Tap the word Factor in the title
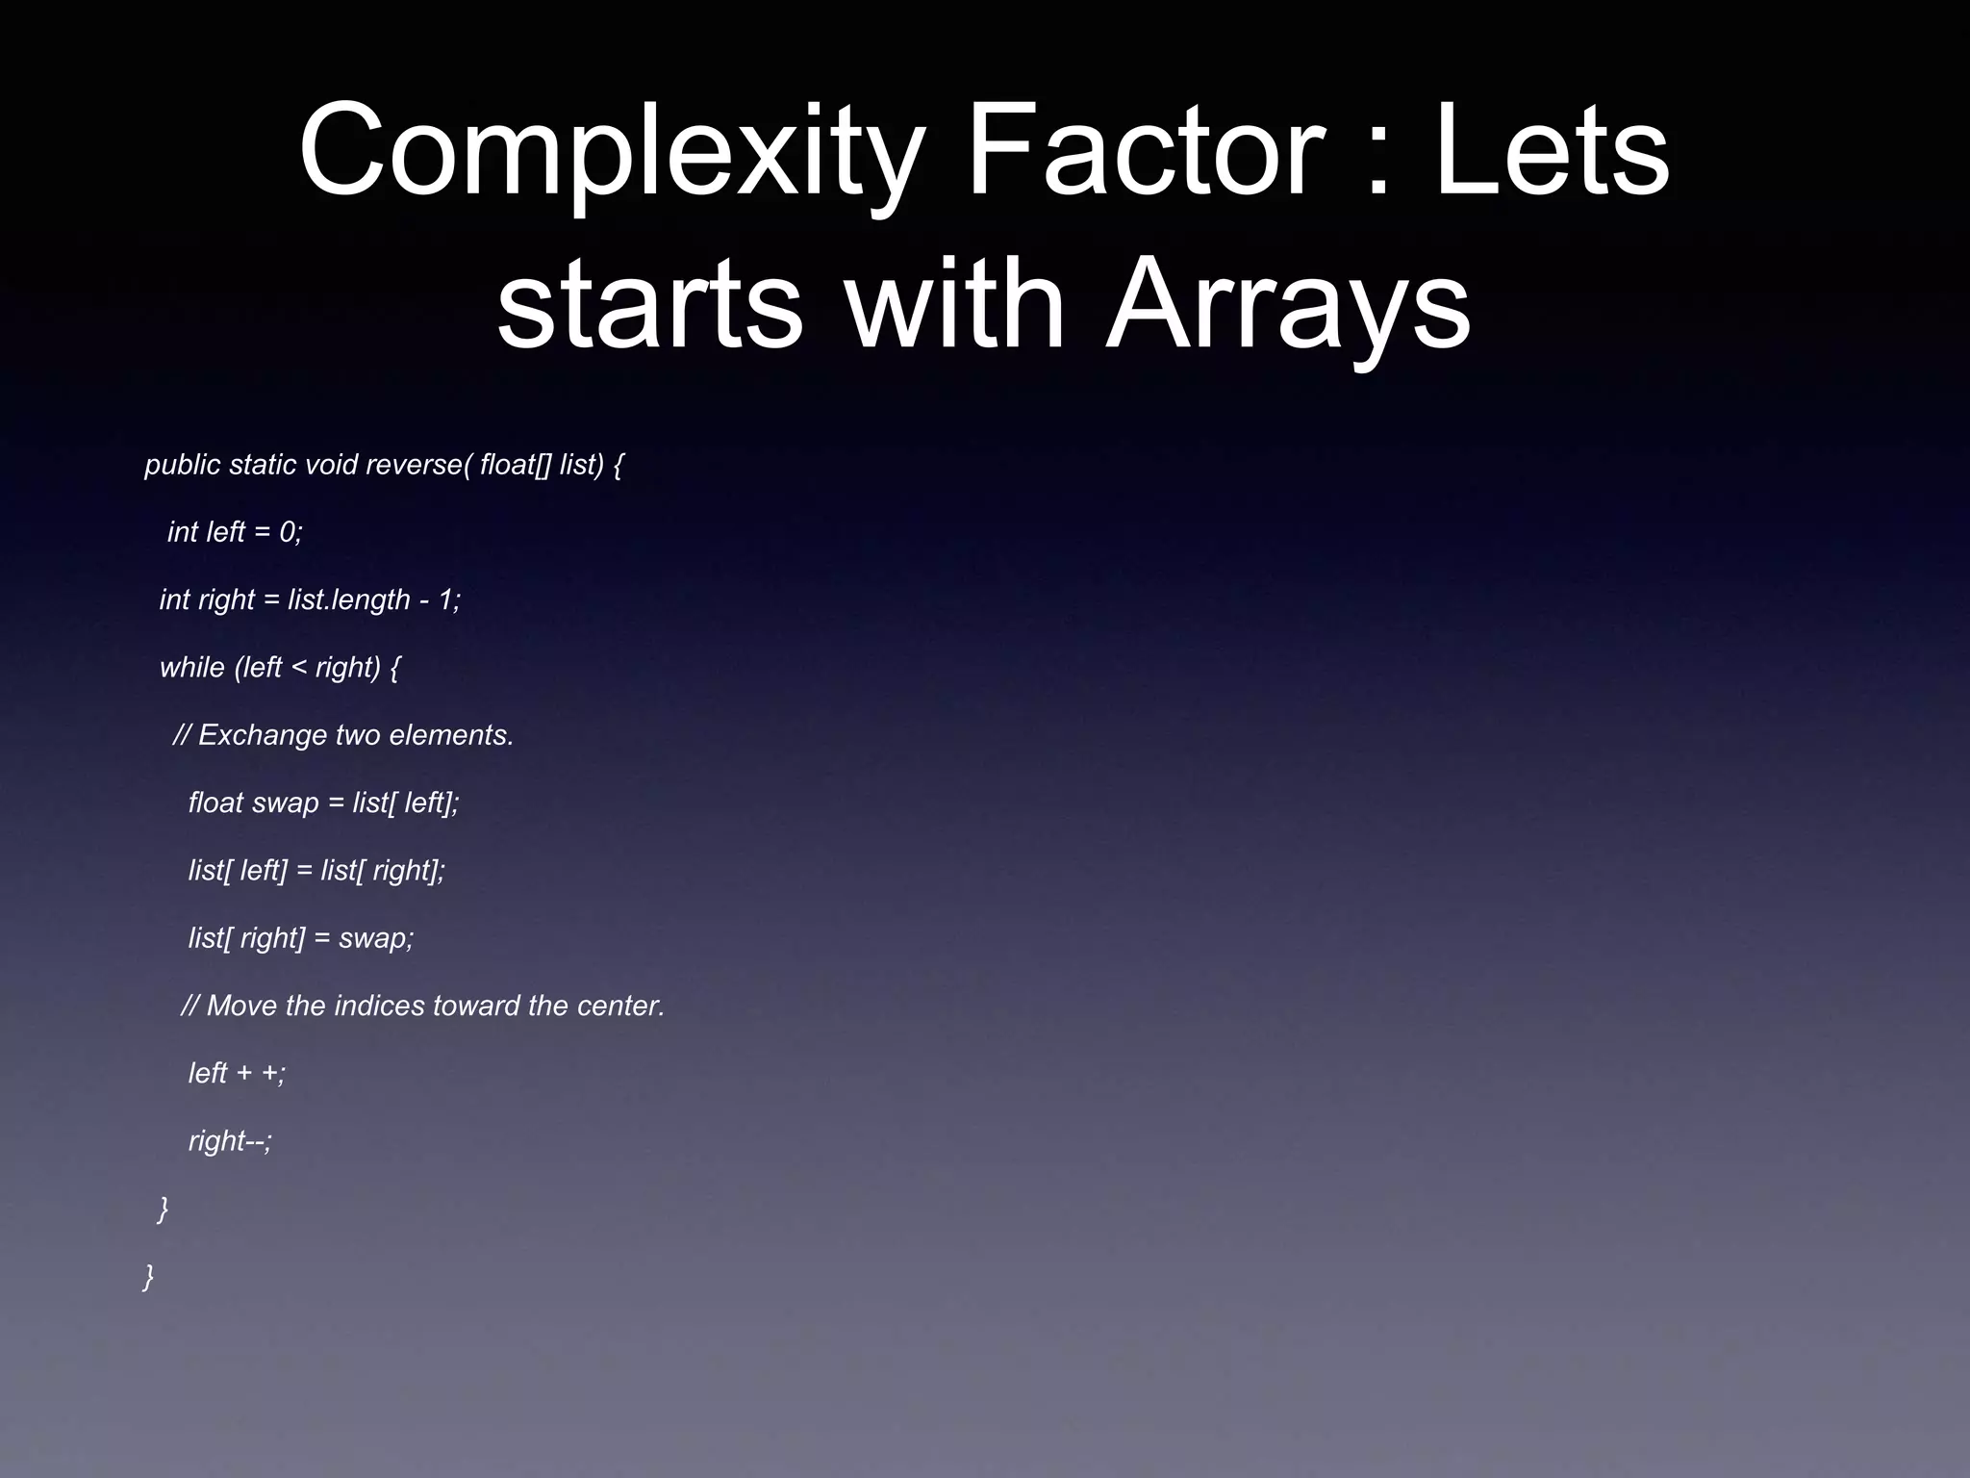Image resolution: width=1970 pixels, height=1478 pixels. coord(1144,152)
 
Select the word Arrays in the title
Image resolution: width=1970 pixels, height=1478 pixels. coord(1288,306)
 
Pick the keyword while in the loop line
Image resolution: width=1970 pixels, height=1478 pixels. coord(191,668)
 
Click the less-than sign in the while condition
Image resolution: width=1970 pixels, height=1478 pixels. coord(298,668)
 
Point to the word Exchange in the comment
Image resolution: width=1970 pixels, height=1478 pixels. coord(262,736)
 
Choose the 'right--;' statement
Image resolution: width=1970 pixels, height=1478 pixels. coord(231,1141)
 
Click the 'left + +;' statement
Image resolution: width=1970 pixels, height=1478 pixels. coord(237,1074)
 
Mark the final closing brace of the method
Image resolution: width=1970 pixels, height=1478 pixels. coord(148,1277)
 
